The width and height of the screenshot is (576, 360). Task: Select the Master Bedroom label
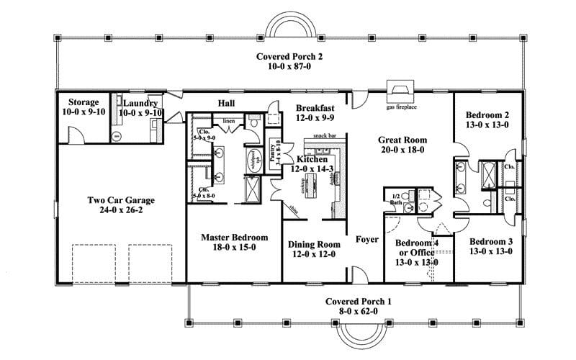click(235, 237)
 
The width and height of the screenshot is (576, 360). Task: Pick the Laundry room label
click(140, 103)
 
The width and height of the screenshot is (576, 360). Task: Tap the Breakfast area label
click(315, 107)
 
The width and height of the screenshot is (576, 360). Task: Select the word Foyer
click(367, 239)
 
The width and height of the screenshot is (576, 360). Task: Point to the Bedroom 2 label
click(487, 114)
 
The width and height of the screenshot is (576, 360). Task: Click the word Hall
click(226, 104)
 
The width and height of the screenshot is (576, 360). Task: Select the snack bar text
click(325, 135)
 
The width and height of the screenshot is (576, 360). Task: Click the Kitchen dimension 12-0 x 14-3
click(311, 168)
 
